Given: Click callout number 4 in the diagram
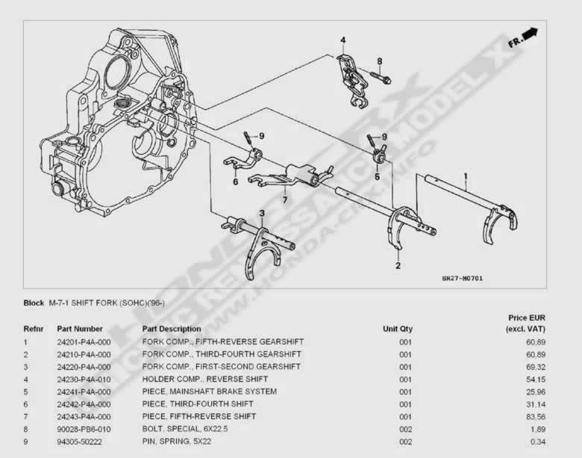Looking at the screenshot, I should click(343, 40).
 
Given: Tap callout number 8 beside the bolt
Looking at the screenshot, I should click(379, 61).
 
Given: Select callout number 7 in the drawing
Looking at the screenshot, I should click(284, 199).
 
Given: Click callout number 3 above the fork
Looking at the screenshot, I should click(262, 214).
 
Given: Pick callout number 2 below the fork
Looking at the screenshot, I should click(398, 265).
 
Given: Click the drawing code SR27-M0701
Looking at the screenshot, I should click(462, 279).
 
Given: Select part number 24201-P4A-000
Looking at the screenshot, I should click(84, 341).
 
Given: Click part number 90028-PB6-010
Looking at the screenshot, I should click(84, 429).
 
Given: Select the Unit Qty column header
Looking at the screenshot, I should click(397, 329).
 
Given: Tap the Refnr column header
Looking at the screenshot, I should click(34, 329).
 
